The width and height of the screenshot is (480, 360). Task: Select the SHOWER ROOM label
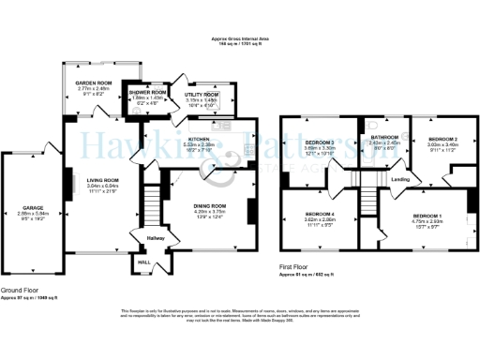[x=147, y=92]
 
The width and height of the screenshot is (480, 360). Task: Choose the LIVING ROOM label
[x=104, y=180]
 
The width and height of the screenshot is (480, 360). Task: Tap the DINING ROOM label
[x=211, y=205]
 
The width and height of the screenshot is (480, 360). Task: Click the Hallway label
[x=156, y=238]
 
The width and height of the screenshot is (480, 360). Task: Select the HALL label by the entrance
[x=143, y=262]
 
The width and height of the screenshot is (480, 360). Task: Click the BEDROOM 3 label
[x=319, y=142]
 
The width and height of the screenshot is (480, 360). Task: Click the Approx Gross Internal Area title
[x=239, y=39]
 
